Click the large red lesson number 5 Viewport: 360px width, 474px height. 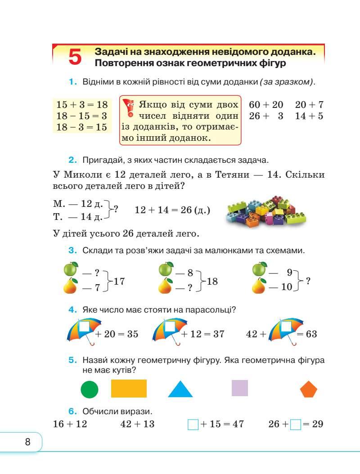[x=76, y=57]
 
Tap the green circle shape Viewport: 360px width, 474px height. [x=90, y=389]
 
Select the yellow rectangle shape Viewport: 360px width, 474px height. [x=129, y=389]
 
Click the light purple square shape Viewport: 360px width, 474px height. [x=239, y=388]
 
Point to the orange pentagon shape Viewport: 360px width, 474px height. [x=308, y=389]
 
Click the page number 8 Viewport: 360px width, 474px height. [x=27, y=442]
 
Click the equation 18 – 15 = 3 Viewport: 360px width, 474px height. [x=81, y=116]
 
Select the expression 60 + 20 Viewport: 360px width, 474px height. [x=266, y=105]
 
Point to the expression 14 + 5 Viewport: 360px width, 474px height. [x=309, y=116]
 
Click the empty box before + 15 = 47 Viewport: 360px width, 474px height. [x=193, y=424]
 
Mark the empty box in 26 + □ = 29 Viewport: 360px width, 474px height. [x=295, y=424]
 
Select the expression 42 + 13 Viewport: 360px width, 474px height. [x=137, y=424]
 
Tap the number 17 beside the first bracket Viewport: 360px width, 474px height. [x=119, y=282]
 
